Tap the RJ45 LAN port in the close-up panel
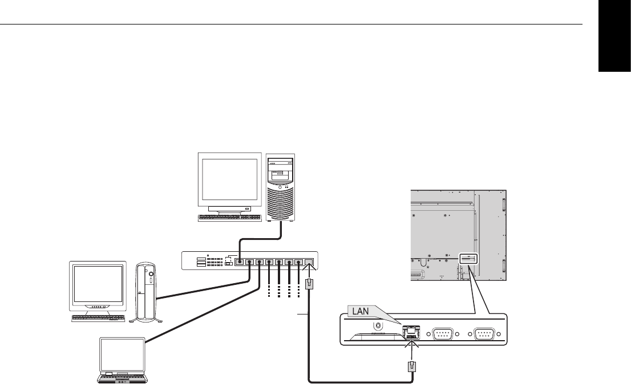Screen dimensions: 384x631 [x=411, y=334]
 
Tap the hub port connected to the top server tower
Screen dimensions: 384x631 [x=240, y=263]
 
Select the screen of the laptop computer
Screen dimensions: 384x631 [x=124, y=354]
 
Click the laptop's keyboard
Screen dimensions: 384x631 [x=123, y=377]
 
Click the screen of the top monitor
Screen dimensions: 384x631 [x=228, y=177]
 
